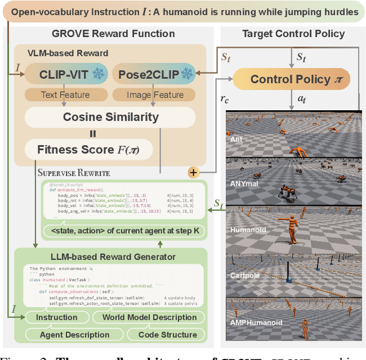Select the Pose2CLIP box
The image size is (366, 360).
click(154, 75)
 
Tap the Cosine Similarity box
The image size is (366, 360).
click(110, 117)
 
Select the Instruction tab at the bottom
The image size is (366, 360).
click(57, 317)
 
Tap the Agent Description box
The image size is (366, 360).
click(74, 334)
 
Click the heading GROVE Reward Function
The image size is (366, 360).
click(113, 34)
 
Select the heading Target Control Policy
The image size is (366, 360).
click(293, 34)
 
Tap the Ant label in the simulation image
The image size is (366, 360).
click(236, 139)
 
